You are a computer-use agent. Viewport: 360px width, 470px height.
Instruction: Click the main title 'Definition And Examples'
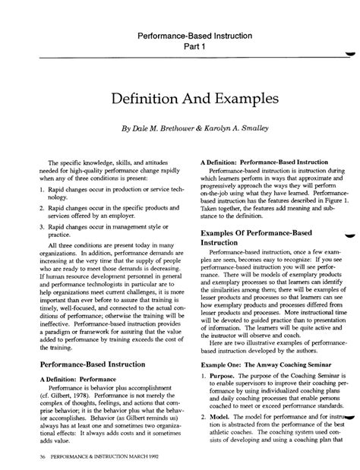pyautogui.click(x=180, y=99)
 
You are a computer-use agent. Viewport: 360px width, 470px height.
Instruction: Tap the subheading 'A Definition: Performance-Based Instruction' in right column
pyautogui.click(x=264, y=162)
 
